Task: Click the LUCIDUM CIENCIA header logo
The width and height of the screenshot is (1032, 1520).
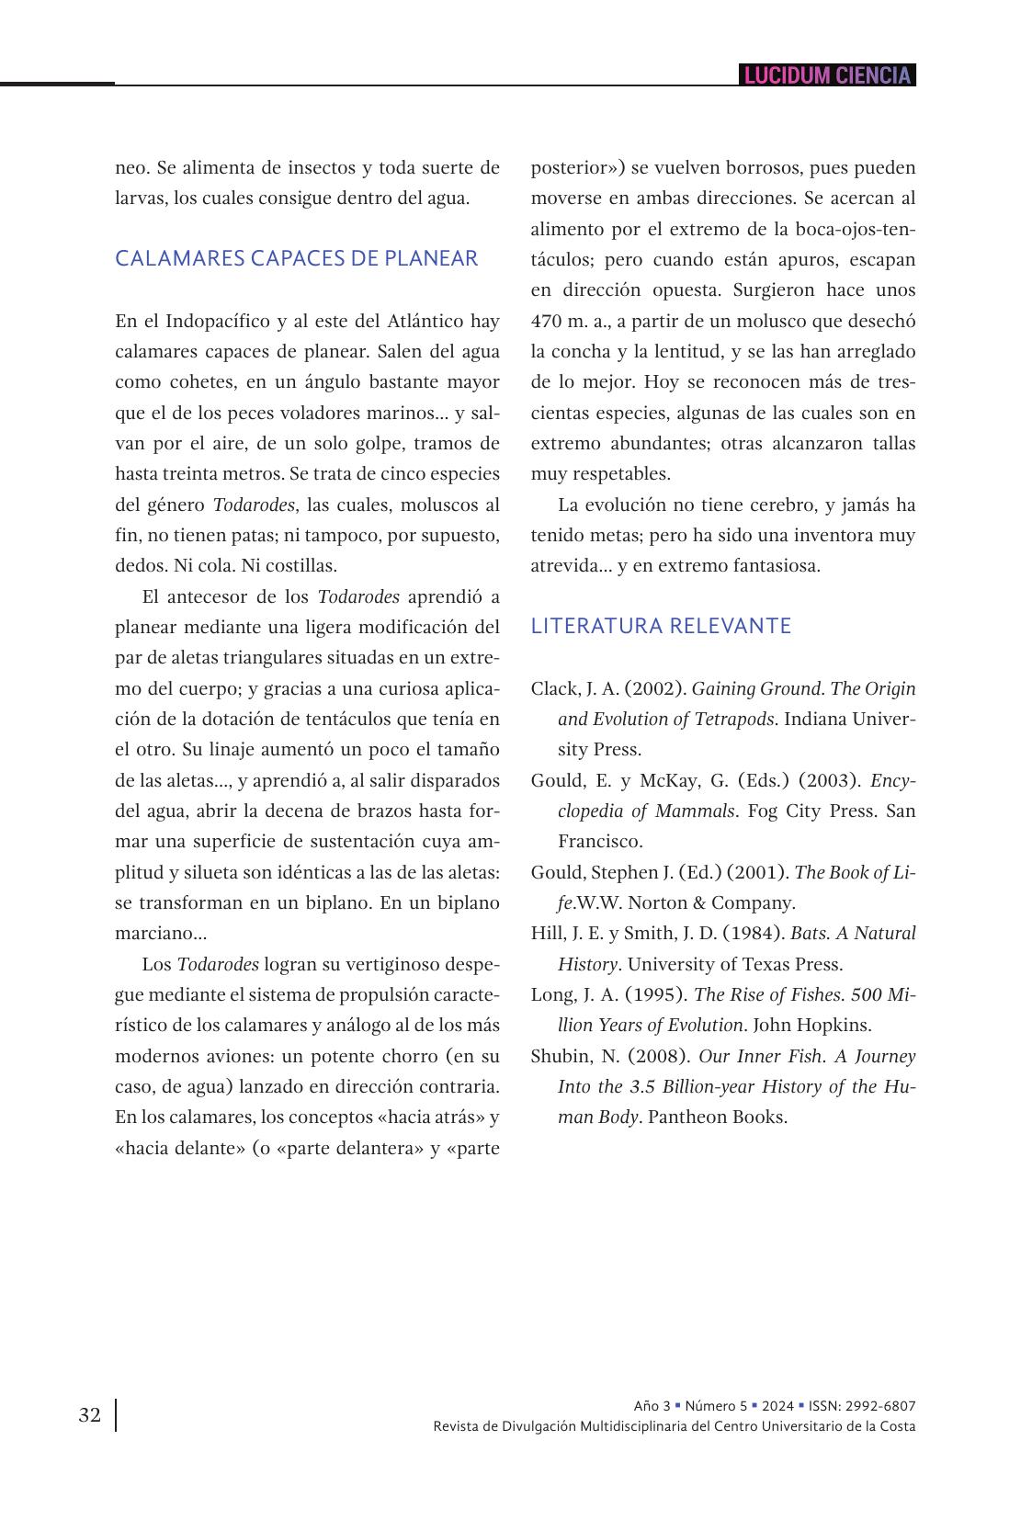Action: (827, 75)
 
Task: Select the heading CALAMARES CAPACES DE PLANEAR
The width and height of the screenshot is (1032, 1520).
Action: (296, 259)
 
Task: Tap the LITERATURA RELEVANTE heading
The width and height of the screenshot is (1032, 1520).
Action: (661, 626)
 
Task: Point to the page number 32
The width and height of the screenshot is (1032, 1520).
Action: (90, 1414)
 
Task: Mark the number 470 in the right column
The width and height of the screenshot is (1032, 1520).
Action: (549, 321)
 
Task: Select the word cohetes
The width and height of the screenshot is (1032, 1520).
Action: (196, 382)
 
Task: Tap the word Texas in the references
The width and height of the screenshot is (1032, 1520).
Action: (750, 964)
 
